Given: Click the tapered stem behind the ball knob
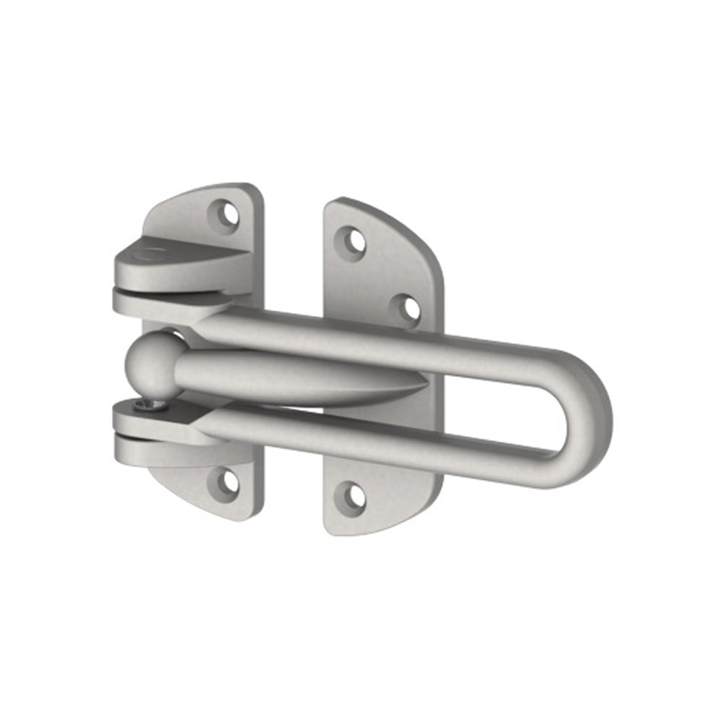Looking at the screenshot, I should (x=289, y=376).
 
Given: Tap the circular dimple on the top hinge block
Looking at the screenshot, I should (x=150, y=253).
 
